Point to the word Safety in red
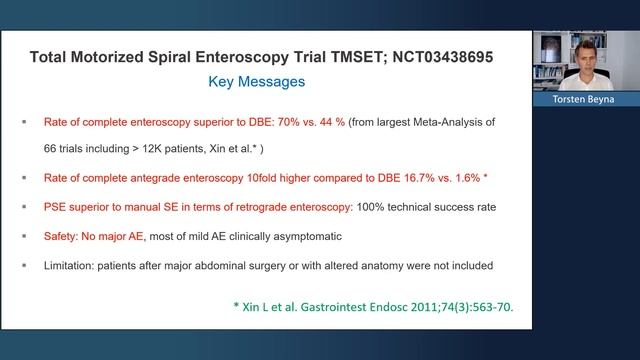tap(62, 236)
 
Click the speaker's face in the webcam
tap(585, 52)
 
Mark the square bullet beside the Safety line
tap(24, 236)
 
